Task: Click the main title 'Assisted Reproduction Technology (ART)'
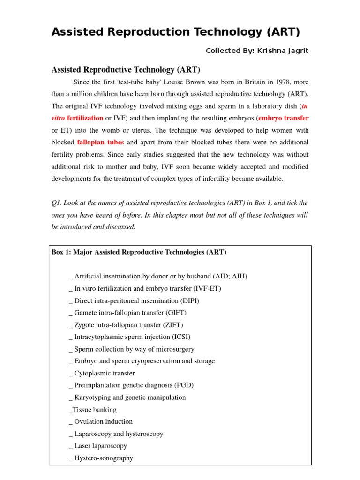175,32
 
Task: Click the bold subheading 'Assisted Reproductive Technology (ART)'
125,70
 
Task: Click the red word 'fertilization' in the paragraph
85,118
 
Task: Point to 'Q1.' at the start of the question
57,202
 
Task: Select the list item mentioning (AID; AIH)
160,276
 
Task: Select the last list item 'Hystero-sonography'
103,458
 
